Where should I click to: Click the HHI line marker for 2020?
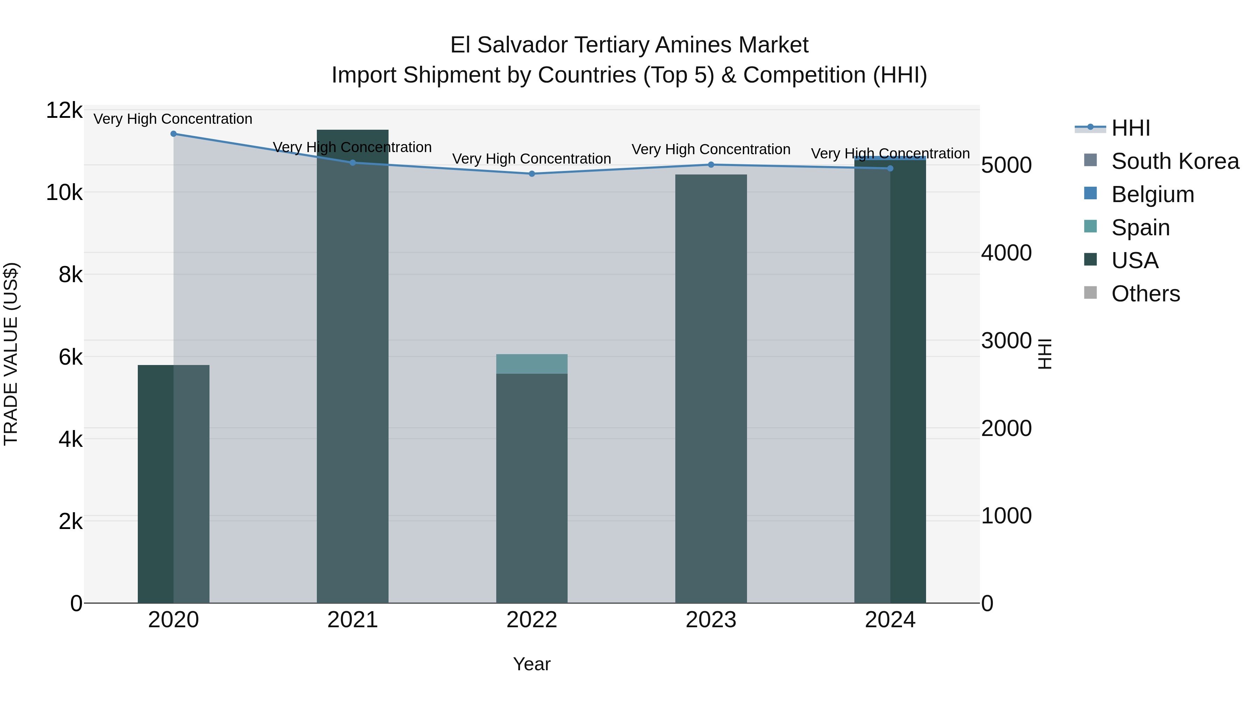coord(173,134)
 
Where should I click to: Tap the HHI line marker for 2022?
coord(532,174)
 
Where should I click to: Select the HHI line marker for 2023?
coord(711,165)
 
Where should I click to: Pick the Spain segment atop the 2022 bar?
coord(532,364)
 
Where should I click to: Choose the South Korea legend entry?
coord(1175,161)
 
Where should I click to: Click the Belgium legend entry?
coord(1152,194)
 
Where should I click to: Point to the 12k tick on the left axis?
coord(64,110)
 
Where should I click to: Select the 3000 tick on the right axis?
coord(1006,341)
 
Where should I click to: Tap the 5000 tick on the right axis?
coord(1006,165)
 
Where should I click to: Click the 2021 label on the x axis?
coord(353,620)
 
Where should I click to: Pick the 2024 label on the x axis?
coord(890,620)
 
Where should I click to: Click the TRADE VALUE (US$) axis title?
coord(11,354)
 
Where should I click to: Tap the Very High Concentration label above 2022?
coord(532,159)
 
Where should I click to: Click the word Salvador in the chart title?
coord(522,45)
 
